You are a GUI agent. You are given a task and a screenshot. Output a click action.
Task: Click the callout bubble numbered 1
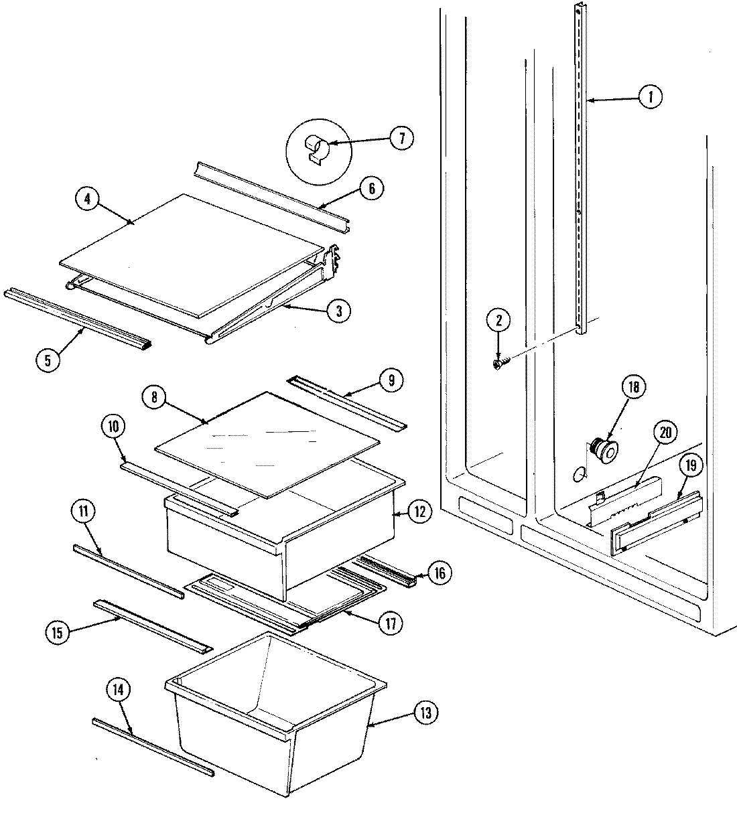(649, 98)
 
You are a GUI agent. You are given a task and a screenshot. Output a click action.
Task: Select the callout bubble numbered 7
(401, 139)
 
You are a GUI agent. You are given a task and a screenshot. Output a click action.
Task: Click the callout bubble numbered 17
(391, 623)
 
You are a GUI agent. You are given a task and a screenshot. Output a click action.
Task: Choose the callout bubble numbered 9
(391, 380)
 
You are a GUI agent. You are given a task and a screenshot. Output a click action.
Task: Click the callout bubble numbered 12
(418, 512)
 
